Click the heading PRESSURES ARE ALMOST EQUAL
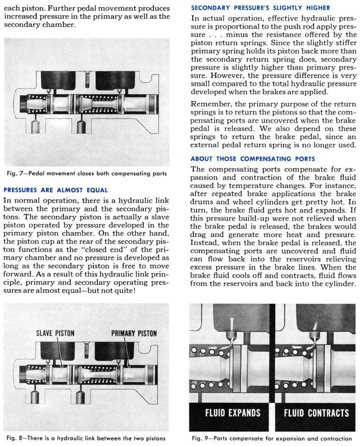click(x=55, y=190)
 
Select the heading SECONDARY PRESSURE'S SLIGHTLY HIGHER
click(x=260, y=8)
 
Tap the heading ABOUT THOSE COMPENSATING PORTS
click(x=252, y=159)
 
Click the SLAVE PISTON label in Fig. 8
click(x=55, y=333)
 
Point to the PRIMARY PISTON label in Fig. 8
click(x=134, y=333)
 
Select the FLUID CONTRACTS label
click(x=316, y=413)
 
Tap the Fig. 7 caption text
click(x=88, y=174)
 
